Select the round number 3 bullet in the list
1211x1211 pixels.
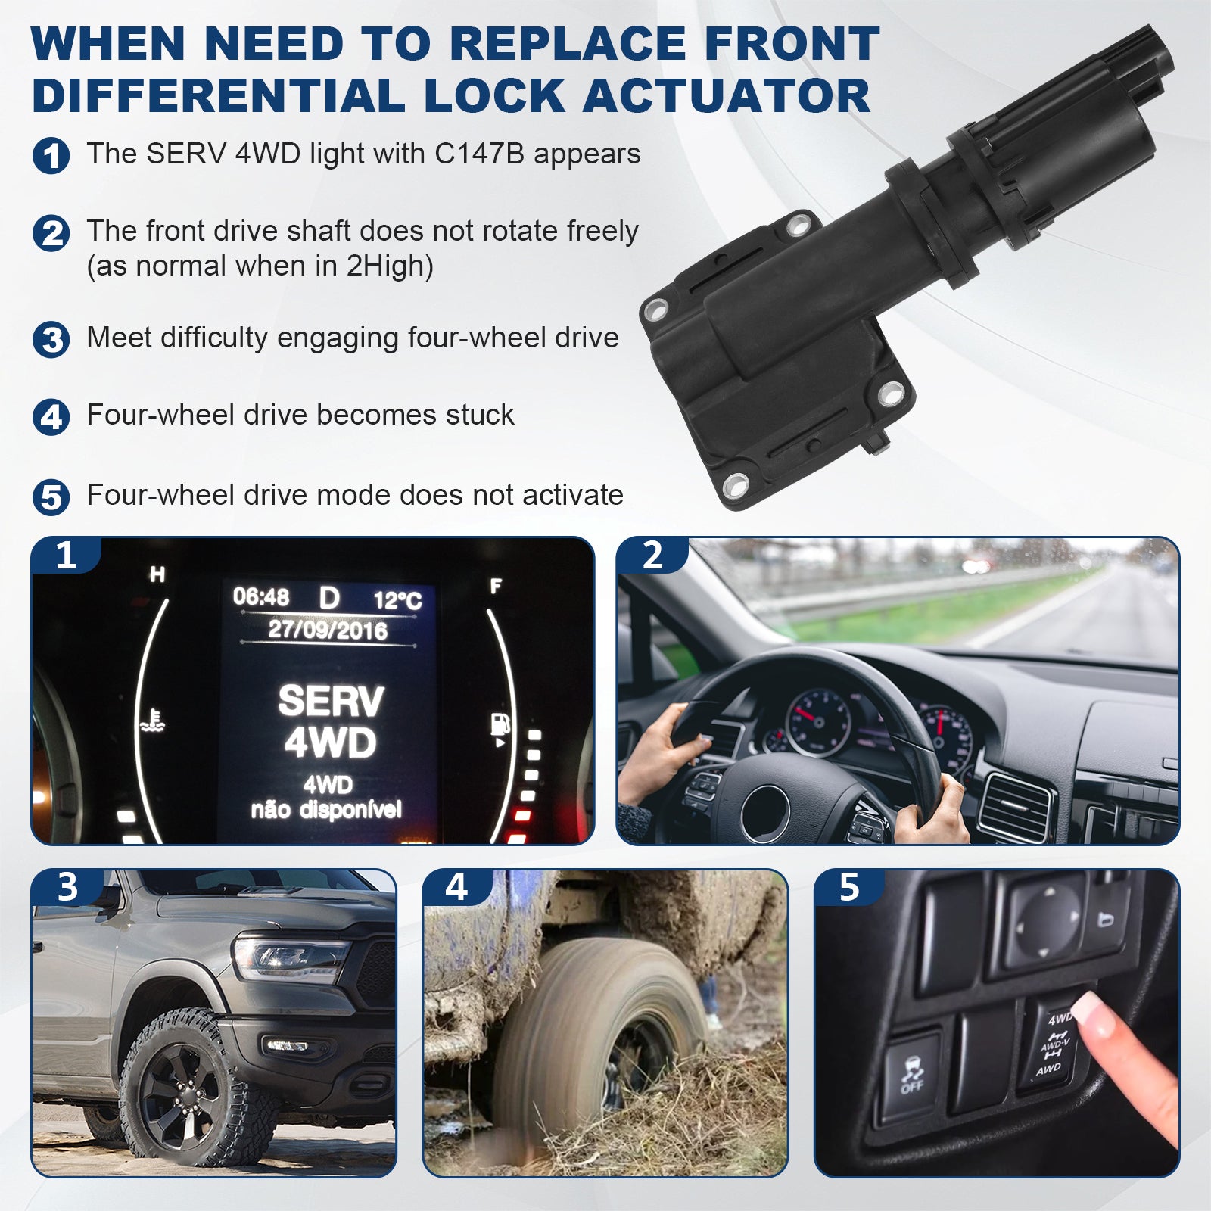[51, 339]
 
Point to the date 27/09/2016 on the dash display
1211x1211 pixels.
[328, 630]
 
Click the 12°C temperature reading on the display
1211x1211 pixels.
[397, 601]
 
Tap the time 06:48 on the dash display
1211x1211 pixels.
[261, 597]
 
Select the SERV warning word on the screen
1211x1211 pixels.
[331, 702]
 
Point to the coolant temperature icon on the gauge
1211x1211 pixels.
[152, 721]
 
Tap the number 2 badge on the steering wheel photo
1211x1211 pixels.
[652, 556]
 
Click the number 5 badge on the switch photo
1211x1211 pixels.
[849, 887]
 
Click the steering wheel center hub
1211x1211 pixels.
[766, 812]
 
